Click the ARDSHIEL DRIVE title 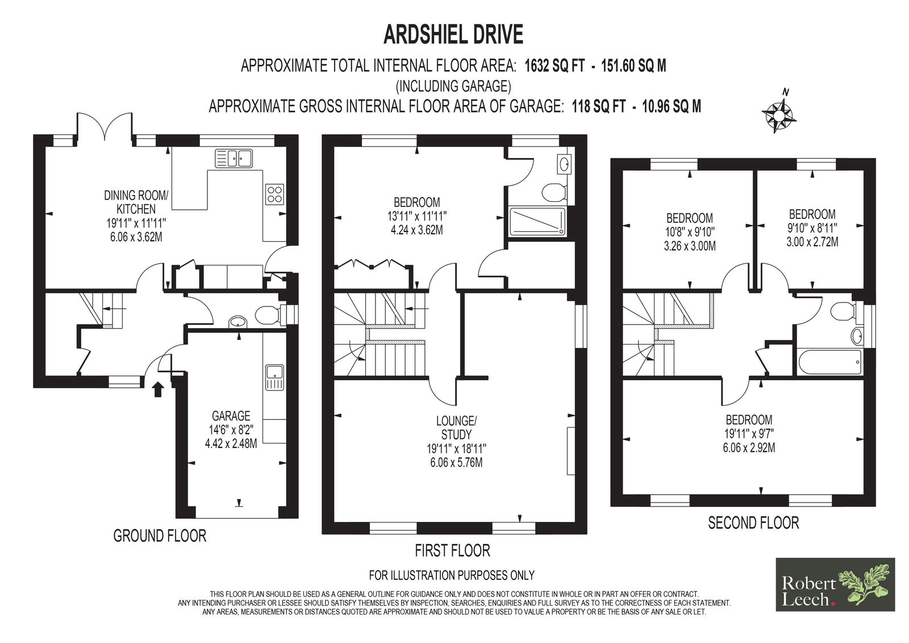tap(453, 35)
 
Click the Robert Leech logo tap(835, 584)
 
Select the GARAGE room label tap(231, 416)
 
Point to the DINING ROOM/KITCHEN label tap(136, 202)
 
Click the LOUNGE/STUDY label tap(457, 428)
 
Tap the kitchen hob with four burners tap(275, 194)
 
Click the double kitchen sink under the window tap(233, 158)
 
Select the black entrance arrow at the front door tap(158, 389)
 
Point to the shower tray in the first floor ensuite tap(537, 221)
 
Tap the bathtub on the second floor tap(829, 362)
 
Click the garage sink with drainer tap(275, 377)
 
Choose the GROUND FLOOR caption tap(160, 536)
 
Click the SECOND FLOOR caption tap(753, 523)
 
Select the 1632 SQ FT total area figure tap(555, 66)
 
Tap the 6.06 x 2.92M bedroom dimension tap(749, 447)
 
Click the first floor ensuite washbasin tap(565, 164)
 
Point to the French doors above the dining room tap(105, 126)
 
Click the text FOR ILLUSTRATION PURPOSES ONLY tap(452, 575)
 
